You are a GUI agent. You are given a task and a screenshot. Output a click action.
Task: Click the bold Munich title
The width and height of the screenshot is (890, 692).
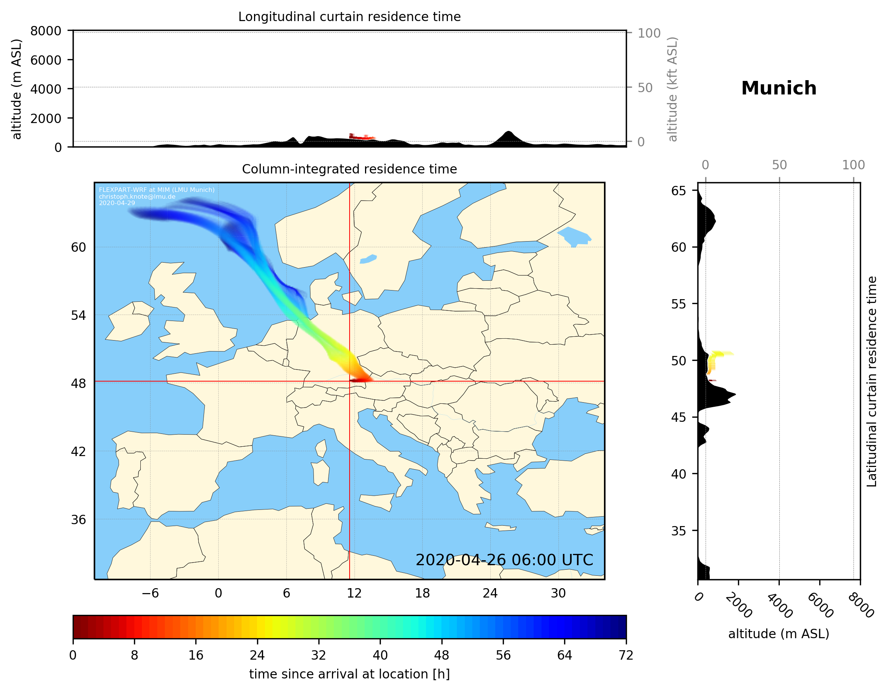(x=778, y=88)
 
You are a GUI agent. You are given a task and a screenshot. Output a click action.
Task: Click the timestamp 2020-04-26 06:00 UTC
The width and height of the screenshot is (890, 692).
(x=504, y=560)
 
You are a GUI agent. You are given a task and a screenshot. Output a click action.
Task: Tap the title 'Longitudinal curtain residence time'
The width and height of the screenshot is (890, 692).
(x=349, y=17)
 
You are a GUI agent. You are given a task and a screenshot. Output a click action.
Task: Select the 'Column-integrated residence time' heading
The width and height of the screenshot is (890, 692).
(x=349, y=169)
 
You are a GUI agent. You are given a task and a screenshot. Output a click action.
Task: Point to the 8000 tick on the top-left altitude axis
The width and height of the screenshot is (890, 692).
(x=46, y=31)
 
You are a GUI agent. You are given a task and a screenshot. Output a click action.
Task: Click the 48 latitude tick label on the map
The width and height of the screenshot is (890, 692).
(x=78, y=383)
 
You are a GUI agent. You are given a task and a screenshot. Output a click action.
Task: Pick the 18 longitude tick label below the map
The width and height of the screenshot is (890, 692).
(x=422, y=593)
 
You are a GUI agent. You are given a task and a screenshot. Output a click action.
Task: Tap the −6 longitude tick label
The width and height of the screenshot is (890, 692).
(x=150, y=593)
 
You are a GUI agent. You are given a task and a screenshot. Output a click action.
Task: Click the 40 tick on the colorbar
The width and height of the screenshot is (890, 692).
(x=380, y=655)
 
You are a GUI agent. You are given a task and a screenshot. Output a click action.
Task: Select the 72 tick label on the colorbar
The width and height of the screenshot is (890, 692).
(x=626, y=655)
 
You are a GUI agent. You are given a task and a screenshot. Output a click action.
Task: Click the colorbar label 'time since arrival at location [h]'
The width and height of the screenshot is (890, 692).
(x=349, y=674)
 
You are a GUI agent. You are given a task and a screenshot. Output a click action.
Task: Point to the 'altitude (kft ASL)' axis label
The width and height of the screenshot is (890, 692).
(x=672, y=89)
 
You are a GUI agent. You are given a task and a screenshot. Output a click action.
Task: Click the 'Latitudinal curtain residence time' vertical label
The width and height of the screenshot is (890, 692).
(x=871, y=381)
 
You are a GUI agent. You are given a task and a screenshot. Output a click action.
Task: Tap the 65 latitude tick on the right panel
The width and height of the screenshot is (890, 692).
(x=679, y=191)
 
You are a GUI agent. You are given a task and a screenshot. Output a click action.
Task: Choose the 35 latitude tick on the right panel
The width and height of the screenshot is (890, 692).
(x=679, y=531)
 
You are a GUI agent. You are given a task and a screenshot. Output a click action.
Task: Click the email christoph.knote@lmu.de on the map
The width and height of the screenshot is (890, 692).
(x=137, y=196)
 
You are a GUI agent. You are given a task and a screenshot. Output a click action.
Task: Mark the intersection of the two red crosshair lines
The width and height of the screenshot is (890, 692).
(x=350, y=382)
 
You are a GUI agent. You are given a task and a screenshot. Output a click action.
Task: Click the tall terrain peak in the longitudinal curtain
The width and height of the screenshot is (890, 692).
(x=508, y=133)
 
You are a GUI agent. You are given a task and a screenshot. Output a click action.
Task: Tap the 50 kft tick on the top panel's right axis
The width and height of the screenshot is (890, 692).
(x=645, y=88)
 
